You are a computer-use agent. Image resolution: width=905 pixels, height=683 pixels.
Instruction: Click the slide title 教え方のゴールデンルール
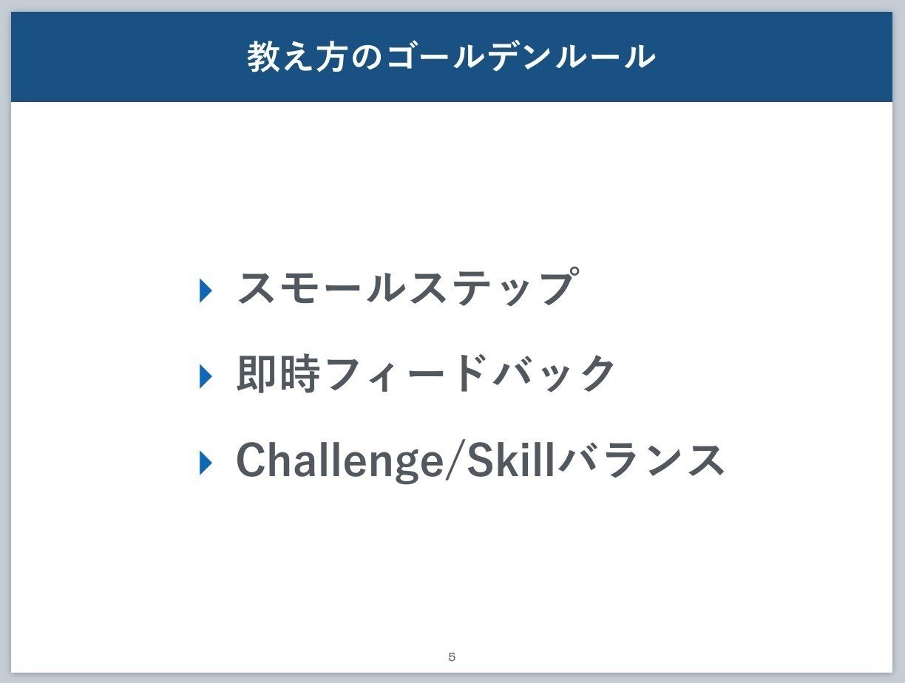click(x=451, y=56)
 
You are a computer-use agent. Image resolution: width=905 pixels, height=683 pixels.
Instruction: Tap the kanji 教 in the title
click(x=264, y=56)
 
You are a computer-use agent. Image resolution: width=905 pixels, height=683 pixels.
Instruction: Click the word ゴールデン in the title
click(x=469, y=57)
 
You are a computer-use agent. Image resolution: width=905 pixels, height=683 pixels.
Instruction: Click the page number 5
click(x=452, y=656)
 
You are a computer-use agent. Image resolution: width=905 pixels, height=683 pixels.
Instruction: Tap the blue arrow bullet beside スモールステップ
click(x=206, y=290)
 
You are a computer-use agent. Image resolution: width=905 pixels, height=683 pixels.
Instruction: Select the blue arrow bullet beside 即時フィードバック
click(x=206, y=376)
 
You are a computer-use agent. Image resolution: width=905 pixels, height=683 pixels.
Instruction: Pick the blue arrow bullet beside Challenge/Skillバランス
click(x=206, y=463)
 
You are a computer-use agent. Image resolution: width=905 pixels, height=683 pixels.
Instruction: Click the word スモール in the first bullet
click(x=321, y=288)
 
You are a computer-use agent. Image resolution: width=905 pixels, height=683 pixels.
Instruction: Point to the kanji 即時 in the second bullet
click(x=278, y=374)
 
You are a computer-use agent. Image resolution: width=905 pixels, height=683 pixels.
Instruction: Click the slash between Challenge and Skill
click(x=455, y=460)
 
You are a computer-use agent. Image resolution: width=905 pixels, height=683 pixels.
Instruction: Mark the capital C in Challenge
click(x=251, y=459)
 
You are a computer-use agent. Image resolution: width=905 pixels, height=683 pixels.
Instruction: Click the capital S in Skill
click(x=481, y=459)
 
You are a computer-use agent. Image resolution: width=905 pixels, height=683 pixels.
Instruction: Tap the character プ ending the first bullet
click(x=560, y=287)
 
